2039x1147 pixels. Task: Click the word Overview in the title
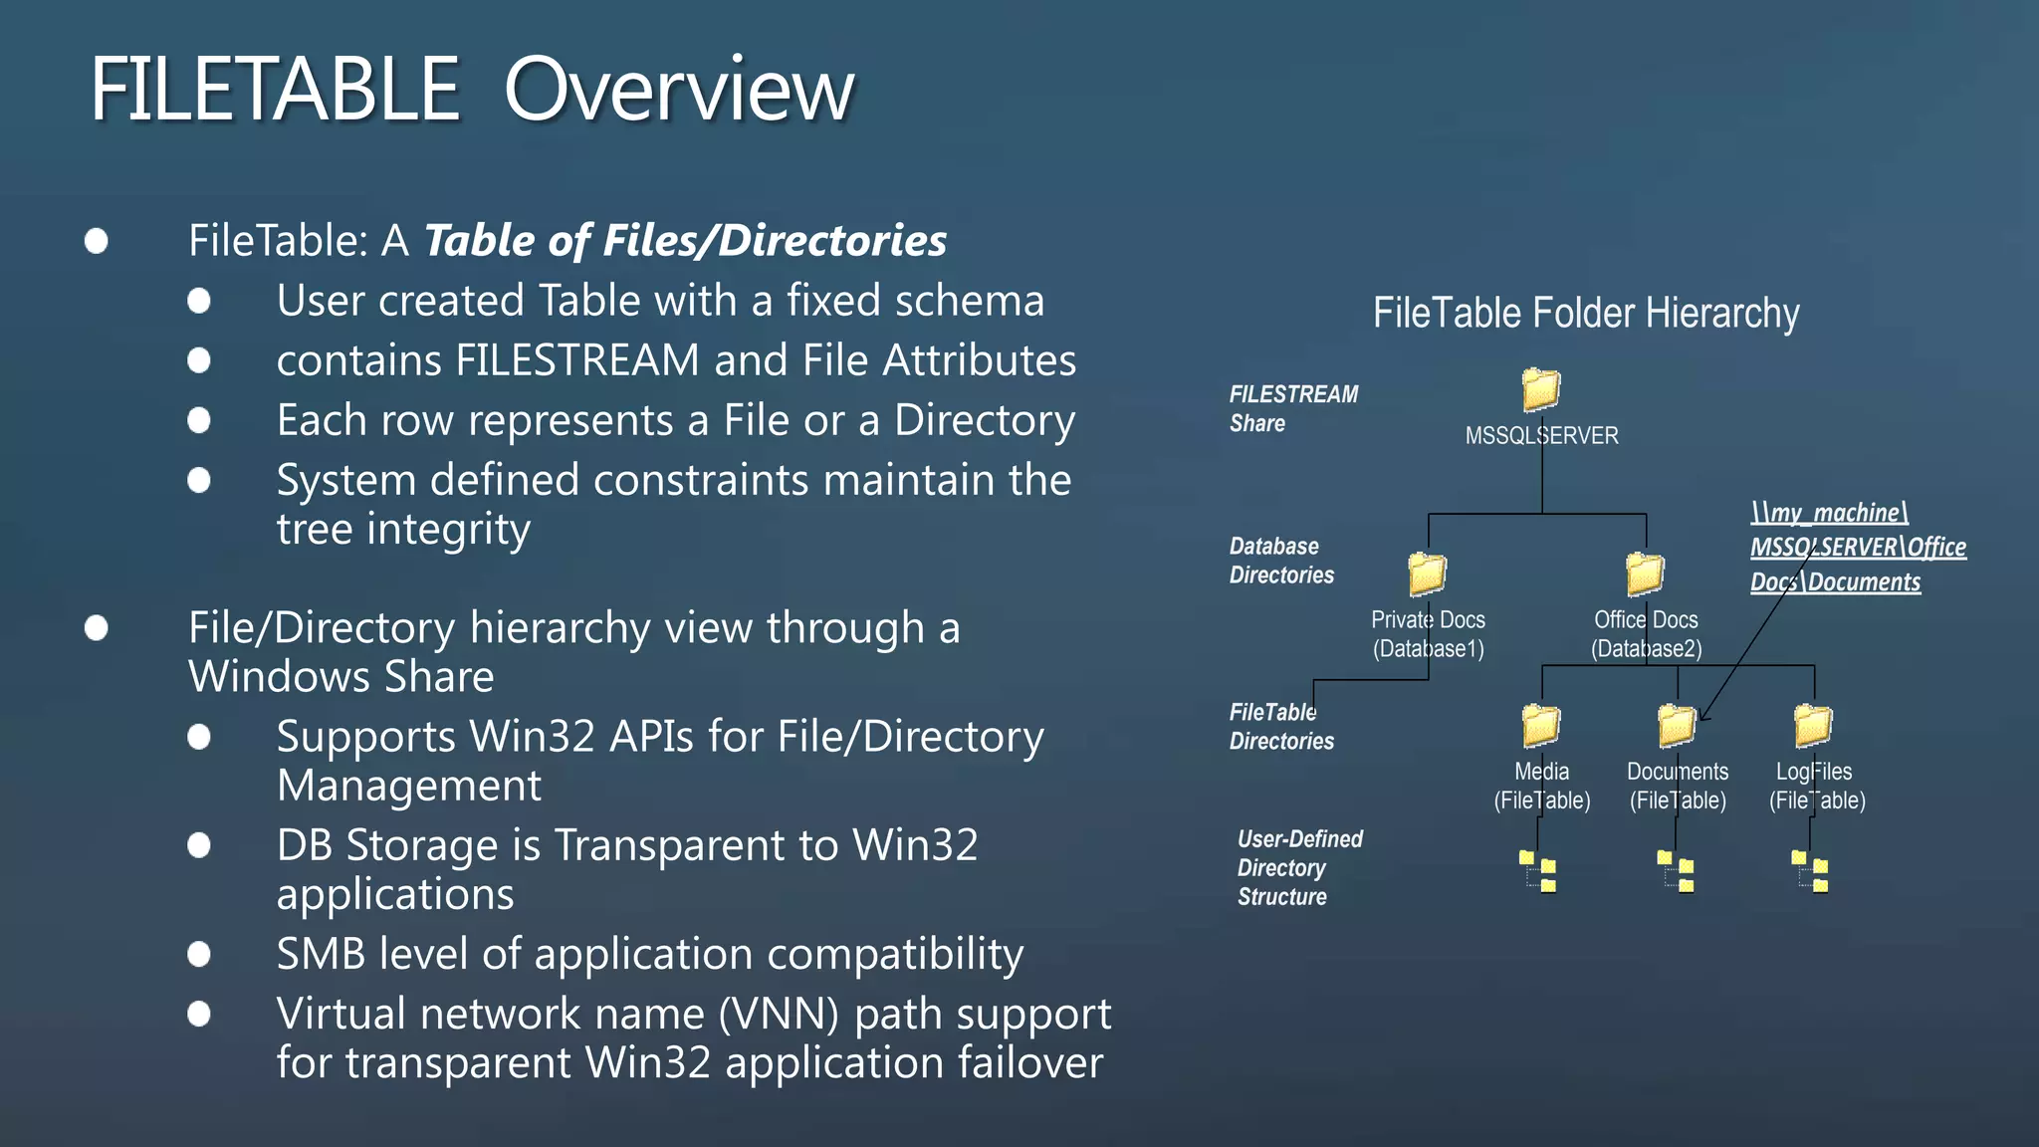pyautogui.click(x=679, y=90)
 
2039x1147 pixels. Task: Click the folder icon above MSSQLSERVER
pyautogui.click(x=1541, y=389)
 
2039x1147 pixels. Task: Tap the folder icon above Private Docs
pyautogui.click(x=1427, y=573)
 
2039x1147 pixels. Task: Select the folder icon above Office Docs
pyautogui.click(x=1645, y=573)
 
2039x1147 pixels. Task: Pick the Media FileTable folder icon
pyautogui.click(x=1541, y=725)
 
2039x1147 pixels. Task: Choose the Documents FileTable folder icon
pyautogui.click(x=1677, y=725)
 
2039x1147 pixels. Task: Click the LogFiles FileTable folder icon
pyautogui.click(x=1813, y=725)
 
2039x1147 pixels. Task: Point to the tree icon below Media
pyautogui.click(x=1539, y=871)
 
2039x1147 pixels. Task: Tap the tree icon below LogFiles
pyautogui.click(x=1811, y=871)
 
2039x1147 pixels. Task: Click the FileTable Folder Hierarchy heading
pyautogui.click(x=1586, y=314)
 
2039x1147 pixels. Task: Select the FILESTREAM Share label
pyautogui.click(x=1292, y=408)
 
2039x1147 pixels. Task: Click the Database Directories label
pyautogui.click(x=1281, y=561)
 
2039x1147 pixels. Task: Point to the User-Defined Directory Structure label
pyautogui.click(x=1298, y=867)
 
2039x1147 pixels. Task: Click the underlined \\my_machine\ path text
pyautogui.click(x=1829, y=513)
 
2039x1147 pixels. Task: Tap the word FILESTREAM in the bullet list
pyautogui.click(x=577, y=360)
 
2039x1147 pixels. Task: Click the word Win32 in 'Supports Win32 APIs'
pyautogui.click(x=533, y=737)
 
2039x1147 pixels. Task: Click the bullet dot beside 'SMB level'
pyautogui.click(x=199, y=954)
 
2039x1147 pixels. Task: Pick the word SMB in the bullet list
pyautogui.click(x=321, y=954)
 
